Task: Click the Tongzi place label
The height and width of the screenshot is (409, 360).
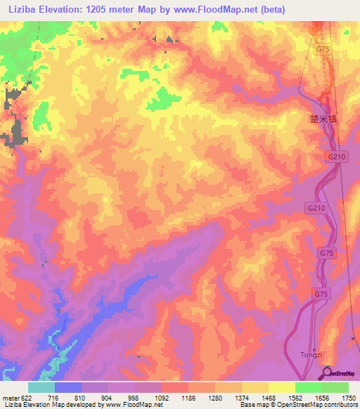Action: (x=310, y=353)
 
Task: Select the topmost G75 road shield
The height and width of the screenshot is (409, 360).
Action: (x=322, y=49)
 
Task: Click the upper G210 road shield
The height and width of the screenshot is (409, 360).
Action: (x=335, y=157)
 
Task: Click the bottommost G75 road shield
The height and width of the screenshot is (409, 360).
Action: (x=321, y=293)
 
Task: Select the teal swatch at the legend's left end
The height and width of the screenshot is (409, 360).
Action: (x=41, y=387)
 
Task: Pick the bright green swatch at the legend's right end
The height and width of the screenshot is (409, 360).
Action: (x=335, y=387)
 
